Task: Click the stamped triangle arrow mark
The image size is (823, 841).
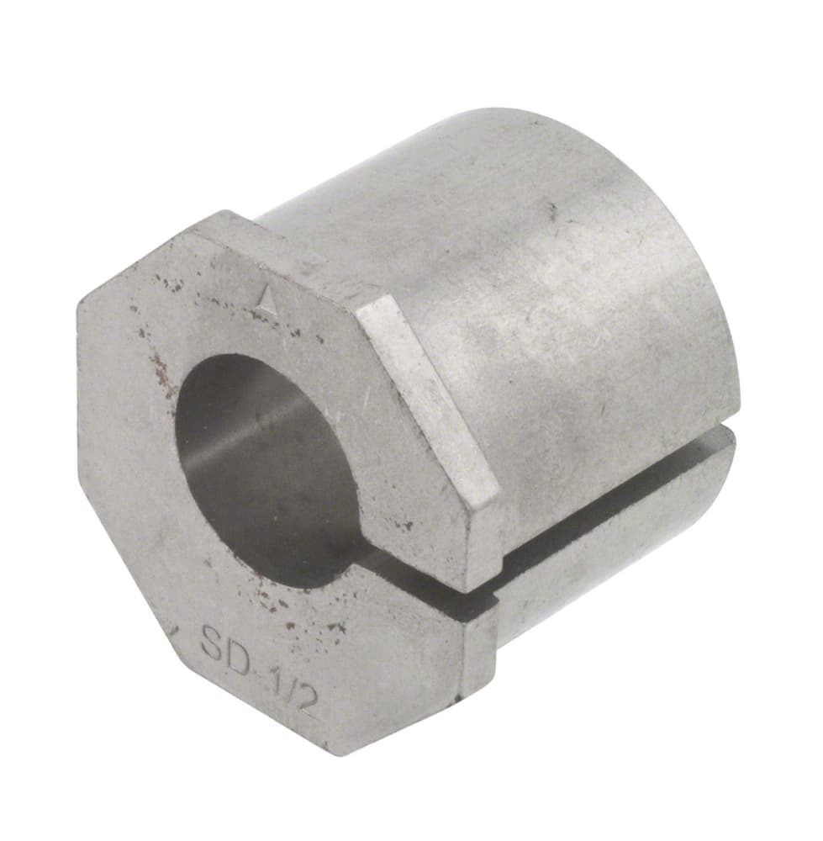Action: pyautogui.click(x=266, y=297)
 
